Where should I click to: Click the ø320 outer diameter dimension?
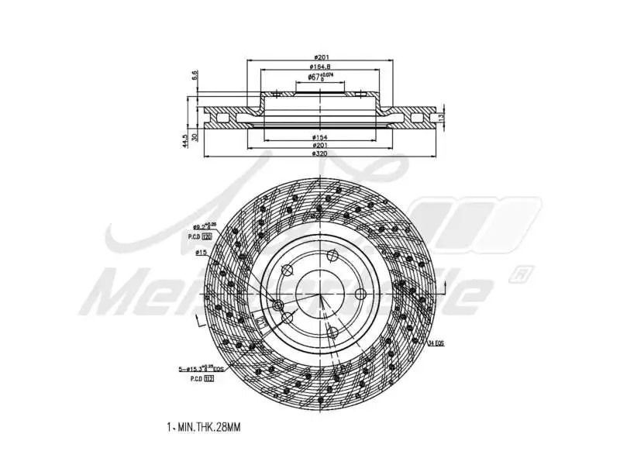coord(319,153)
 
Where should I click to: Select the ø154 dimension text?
coord(319,137)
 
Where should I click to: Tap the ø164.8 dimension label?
coord(319,67)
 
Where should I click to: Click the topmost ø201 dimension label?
coord(319,57)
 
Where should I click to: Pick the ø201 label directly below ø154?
coord(319,146)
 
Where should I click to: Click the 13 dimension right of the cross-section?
coord(441,116)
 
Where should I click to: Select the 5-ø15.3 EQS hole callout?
coord(200,369)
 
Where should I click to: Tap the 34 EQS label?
coord(436,342)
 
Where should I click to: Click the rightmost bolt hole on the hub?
coord(360,294)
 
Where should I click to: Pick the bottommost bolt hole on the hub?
coord(332,332)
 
